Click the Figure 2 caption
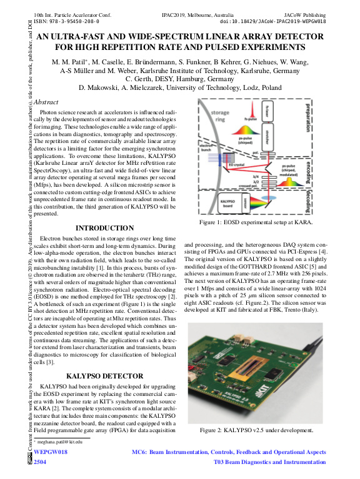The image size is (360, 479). (x=256, y=430)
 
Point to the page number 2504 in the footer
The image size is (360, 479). (x=39, y=462)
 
